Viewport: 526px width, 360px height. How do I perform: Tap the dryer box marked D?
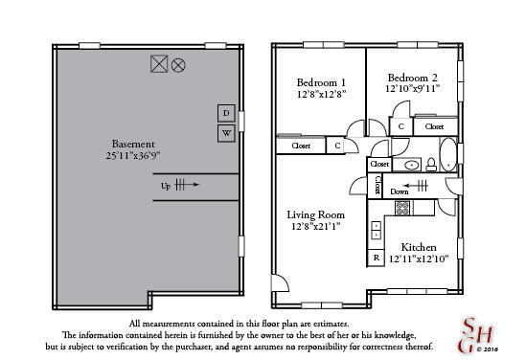point(226,114)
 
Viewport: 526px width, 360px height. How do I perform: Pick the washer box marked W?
point(226,134)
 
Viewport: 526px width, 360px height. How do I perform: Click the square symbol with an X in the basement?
point(159,65)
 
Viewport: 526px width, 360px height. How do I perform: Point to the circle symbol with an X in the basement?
point(178,65)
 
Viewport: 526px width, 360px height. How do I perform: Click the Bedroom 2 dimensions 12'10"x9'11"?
point(413,88)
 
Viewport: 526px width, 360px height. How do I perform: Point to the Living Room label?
point(316,215)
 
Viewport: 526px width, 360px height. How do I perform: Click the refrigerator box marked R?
point(377,259)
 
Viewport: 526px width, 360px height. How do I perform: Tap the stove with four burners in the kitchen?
point(400,206)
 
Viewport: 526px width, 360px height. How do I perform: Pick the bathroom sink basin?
point(411,165)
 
